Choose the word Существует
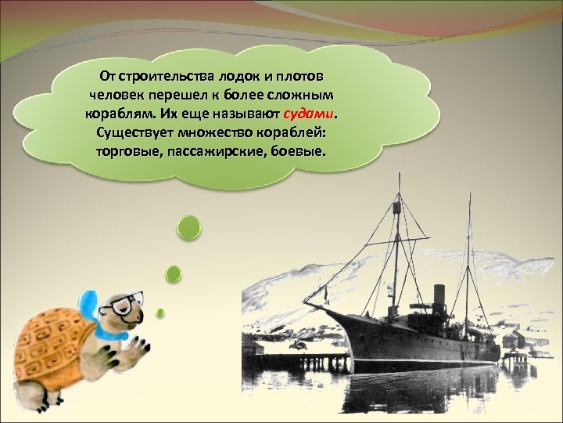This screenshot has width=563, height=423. point(132,130)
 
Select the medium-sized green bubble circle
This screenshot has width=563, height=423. point(174,273)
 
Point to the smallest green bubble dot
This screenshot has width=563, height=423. point(160,313)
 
